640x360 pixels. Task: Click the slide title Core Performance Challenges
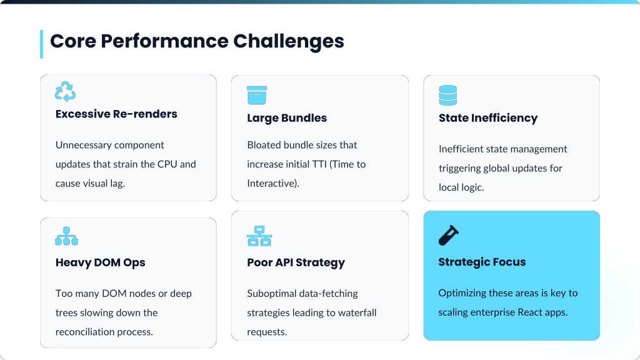(197, 41)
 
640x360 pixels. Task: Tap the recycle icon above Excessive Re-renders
(65, 91)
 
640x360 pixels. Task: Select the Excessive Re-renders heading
(116, 114)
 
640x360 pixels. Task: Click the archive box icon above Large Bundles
(257, 95)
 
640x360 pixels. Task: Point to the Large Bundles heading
(287, 118)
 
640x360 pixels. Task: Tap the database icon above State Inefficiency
(448, 95)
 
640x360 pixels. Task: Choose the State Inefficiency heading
(487, 118)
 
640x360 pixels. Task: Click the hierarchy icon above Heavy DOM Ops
(67, 236)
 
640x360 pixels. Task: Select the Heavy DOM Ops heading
(100, 262)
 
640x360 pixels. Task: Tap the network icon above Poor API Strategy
(259, 236)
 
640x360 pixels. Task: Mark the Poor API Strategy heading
(296, 262)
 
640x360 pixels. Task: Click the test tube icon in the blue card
(449, 235)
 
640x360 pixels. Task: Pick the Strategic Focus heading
(482, 262)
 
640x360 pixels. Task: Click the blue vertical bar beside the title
(41, 44)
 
